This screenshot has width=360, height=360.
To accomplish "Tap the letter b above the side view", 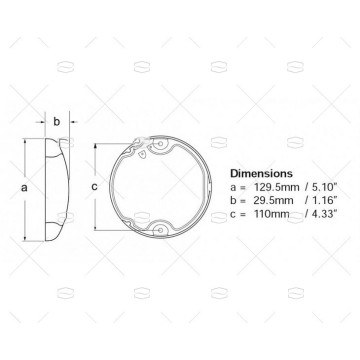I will click(56, 122).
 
